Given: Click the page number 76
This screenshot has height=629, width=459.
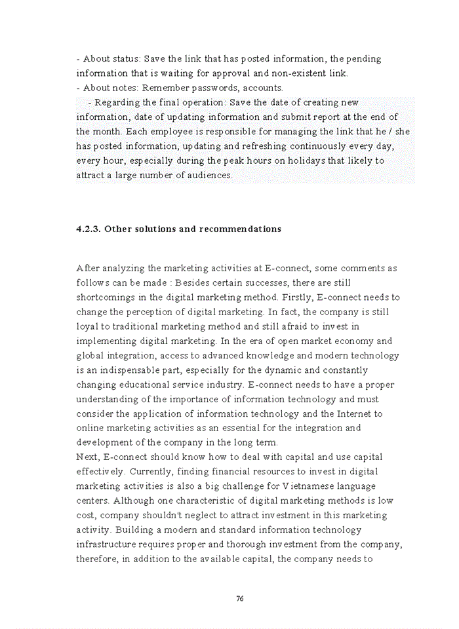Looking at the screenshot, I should (239, 598).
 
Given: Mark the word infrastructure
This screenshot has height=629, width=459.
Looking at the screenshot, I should (109, 544).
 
